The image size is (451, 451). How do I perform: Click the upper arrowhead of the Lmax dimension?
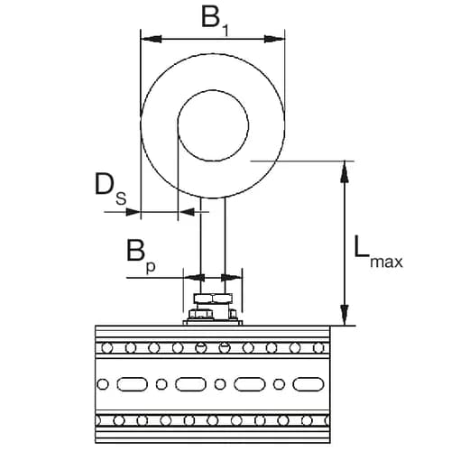(x=343, y=168)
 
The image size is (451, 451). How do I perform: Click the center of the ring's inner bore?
(x=213, y=120)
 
